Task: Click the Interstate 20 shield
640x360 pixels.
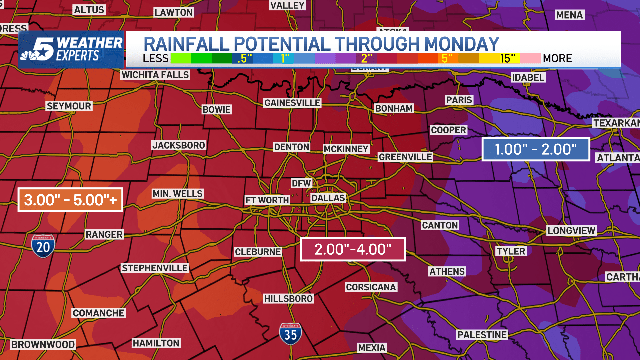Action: [x=43, y=246]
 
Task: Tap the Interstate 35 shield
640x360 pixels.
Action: [x=290, y=334]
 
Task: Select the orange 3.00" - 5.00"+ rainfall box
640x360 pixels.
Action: [x=70, y=200]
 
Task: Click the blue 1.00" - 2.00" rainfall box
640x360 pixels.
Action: [x=536, y=149]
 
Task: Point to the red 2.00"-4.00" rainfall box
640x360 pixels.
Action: [x=353, y=249]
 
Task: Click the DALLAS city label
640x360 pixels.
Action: [x=328, y=198]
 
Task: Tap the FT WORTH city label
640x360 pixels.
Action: [x=267, y=200]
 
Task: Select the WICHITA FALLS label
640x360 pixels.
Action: [x=155, y=75]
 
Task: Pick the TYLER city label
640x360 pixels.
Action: [x=511, y=251]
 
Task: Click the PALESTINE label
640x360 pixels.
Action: [x=482, y=335]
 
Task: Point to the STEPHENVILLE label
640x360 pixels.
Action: [x=155, y=268]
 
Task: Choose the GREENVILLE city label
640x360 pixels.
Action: [x=405, y=157]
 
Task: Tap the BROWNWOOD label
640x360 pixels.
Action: [x=43, y=344]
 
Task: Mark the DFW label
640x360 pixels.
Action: [x=301, y=183]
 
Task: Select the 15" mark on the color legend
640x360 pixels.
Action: [x=507, y=58]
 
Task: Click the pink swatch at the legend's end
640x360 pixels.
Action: [x=530, y=58]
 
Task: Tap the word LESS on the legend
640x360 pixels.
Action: [x=156, y=58]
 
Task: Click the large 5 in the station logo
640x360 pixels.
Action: [x=44, y=49]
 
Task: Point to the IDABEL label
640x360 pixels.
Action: [x=528, y=77]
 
